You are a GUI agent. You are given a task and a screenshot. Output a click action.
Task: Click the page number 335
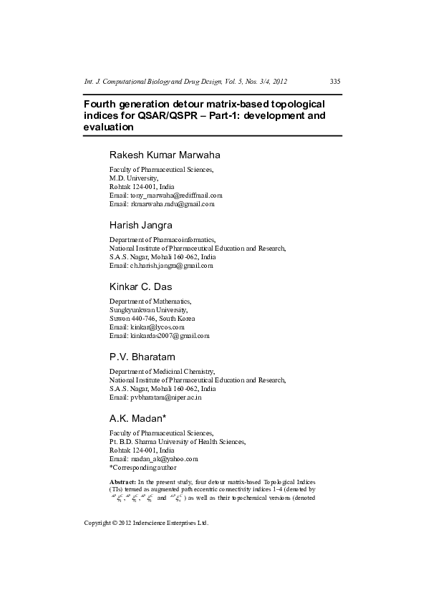pyautogui.click(x=334, y=81)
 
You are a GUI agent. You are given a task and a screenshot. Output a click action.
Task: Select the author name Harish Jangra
pyautogui.click(x=140, y=225)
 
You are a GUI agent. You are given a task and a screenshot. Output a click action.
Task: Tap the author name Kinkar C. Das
pyautogui.click(x=142, y=286)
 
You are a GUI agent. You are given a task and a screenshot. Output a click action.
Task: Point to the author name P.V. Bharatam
pyautogui.click(x=142, y=357)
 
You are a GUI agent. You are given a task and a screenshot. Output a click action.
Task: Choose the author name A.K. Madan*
pyautogui.click(x=137, y=418)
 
